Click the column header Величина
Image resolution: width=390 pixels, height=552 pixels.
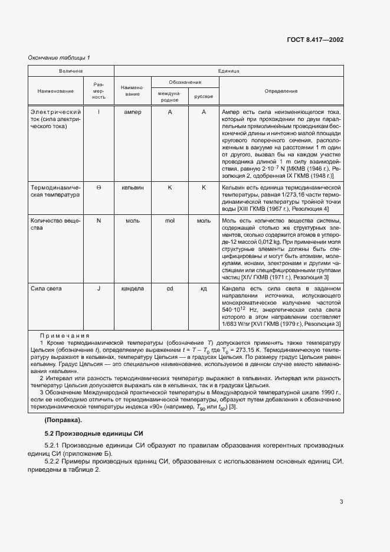[71, 71]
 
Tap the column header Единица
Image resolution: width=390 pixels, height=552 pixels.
[228, 71]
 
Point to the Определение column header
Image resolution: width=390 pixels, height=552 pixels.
[281, 91]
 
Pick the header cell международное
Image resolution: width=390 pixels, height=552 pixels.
[169, 96]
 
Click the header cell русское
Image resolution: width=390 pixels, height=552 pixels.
[204, 96]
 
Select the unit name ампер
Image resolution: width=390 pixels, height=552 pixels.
[133, 112]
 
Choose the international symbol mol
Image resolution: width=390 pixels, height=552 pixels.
[169, 220]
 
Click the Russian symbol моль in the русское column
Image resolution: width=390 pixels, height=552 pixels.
[204, 220]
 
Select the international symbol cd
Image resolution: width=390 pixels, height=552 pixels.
[169, 288]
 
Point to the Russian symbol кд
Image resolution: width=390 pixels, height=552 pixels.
[204, 288]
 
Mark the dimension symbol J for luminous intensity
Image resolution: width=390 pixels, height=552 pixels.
[99, 288]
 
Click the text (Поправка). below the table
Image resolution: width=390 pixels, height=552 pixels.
[63, 420]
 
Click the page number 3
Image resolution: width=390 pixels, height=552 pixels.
[341, 502]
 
